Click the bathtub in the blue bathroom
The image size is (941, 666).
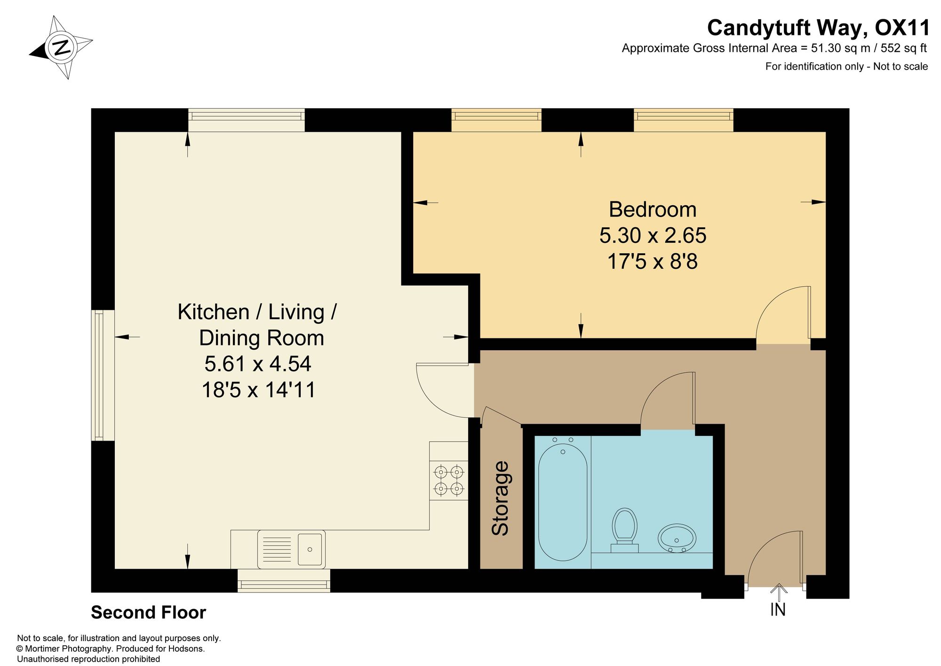pyautogui.click(x=563, y=502)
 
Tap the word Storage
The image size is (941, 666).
pyautogui.click(x=500, y=498)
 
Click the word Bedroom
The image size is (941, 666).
pyautogui.click(x=653, y=209)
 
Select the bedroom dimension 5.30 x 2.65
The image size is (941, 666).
pyautogui.click(x=653, y=235)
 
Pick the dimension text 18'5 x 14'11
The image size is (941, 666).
pyautogui.click(x=258, y=390)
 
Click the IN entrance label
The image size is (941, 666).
pyautogui.click(x=778, y=610)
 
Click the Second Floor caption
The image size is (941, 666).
pyautogui.click(x=148, y=612)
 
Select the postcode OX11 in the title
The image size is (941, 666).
pyautogui.click(x=902, y=28)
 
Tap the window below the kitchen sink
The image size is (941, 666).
pyautogui.click(x=284, y=580)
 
